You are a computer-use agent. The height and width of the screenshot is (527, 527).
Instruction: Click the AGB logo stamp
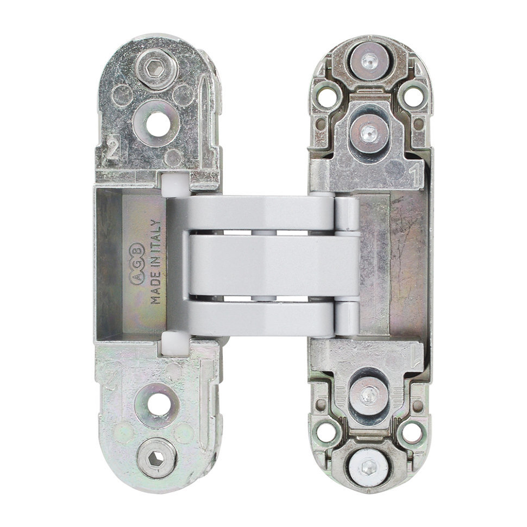[x=137, y=264]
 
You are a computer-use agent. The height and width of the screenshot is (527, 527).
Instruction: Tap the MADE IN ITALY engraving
[x=155, y=262]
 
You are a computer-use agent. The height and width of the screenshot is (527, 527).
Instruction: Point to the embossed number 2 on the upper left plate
[x=113, y=148]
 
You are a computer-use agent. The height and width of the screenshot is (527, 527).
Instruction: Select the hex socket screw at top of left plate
[x=156, y=69]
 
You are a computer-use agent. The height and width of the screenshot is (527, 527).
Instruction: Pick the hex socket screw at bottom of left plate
[x=156, y=458]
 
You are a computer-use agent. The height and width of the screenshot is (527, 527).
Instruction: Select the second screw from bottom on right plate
[x=368, y=396]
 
